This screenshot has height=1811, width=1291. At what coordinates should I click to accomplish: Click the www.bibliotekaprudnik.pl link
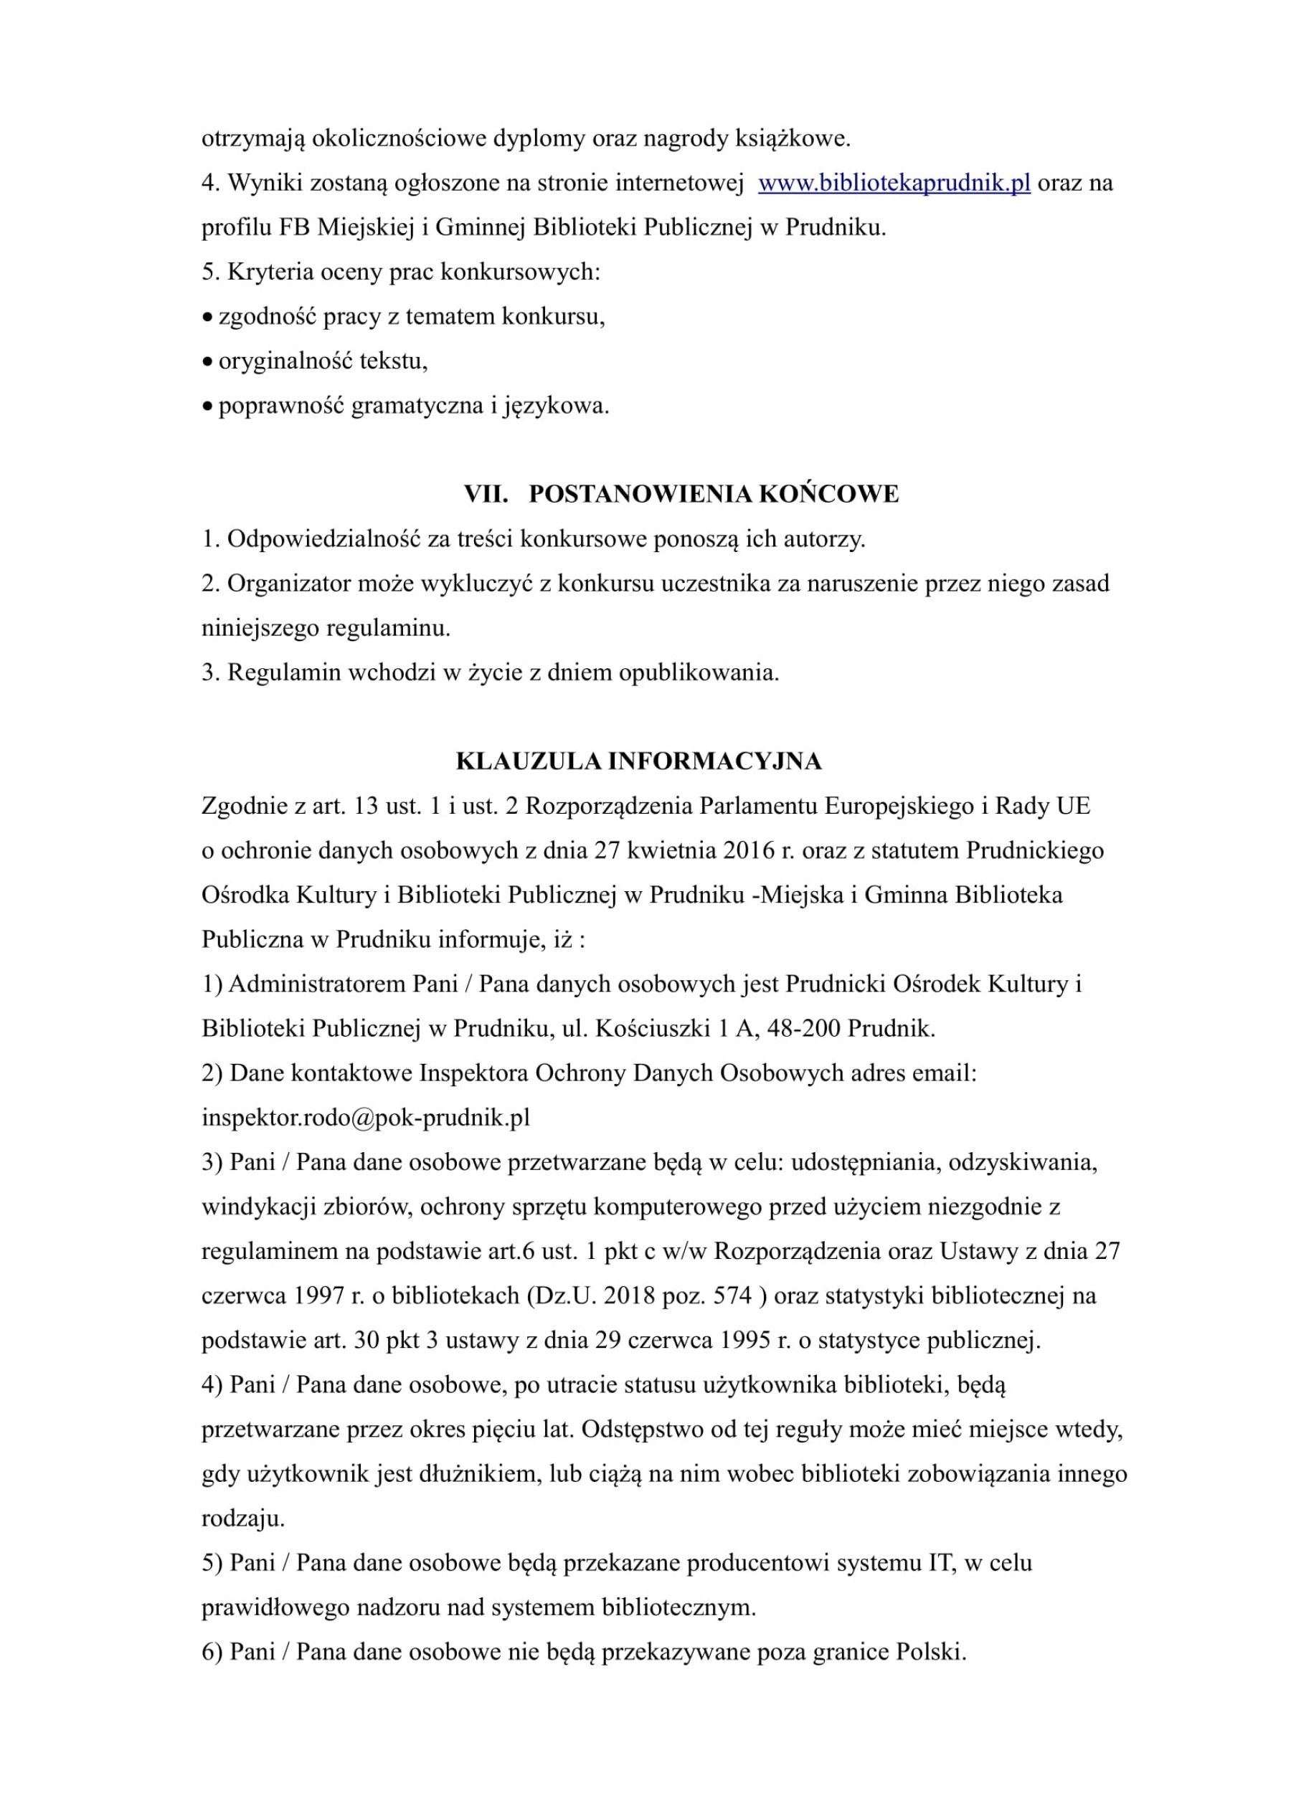point(894,184)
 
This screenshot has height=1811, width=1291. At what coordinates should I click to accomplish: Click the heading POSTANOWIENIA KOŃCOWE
point(713,494)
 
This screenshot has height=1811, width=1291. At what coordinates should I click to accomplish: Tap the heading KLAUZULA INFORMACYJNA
point(638,761)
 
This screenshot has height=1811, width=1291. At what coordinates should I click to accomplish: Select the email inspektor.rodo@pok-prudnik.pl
point(366,1118)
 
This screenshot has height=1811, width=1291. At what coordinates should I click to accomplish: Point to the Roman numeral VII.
point(486,494)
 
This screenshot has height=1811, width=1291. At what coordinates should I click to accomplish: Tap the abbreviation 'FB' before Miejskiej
point(294,229)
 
